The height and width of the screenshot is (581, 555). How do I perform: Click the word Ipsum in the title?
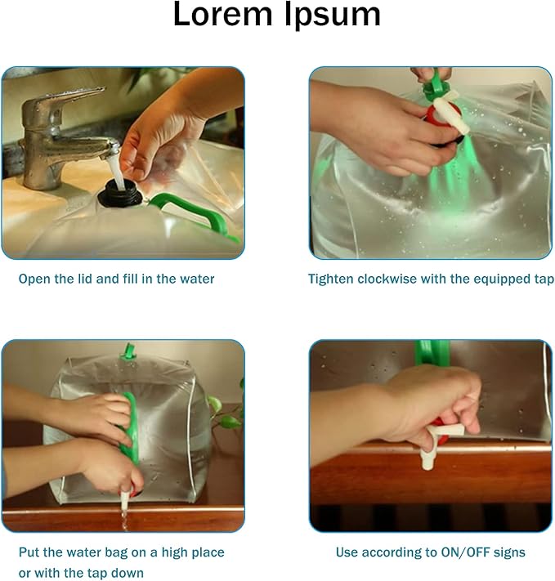pos(333,16)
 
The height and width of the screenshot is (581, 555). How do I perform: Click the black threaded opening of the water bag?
pos(120,193)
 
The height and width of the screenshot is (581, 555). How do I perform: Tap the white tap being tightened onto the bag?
pos(451,112)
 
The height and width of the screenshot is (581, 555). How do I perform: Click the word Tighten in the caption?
pos(331,279)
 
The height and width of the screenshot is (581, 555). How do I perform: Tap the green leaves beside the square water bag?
pos(226,410)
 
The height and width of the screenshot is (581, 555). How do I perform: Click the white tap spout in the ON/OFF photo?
pos(438,445)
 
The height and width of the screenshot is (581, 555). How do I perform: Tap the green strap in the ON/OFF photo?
pos(432,353)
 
